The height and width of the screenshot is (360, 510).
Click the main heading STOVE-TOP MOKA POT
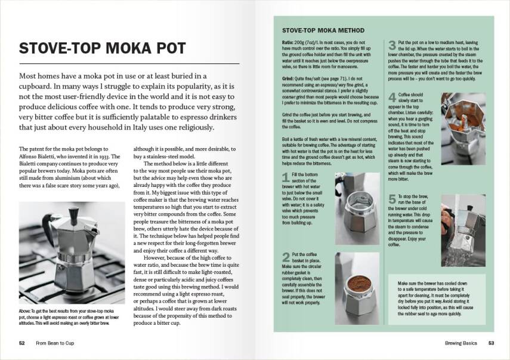(102, 49)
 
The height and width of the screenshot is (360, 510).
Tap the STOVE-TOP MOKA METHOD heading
(323, 30)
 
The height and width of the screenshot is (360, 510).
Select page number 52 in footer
(22, 343)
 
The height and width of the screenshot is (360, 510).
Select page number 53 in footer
(491, 343)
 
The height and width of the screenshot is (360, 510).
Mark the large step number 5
(392, 199)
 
